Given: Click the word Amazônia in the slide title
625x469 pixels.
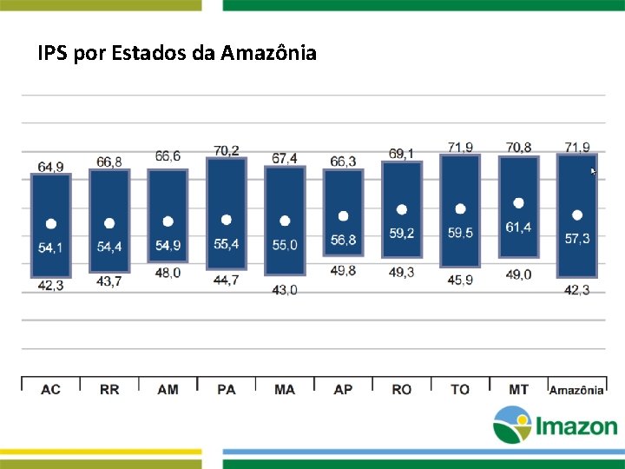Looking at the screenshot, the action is [x=268, y=52].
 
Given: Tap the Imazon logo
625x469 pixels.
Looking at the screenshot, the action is [x=556, y=425].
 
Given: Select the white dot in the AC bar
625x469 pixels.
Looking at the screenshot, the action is [x=51, y=224].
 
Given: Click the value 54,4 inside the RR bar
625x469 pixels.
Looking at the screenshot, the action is [x=109, y=247].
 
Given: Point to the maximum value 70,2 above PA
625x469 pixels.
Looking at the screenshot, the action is [x=227, y=151].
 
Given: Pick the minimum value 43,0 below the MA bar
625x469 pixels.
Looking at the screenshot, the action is [x=285, y=290].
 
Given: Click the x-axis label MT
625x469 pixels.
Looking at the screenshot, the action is [x=518, y=389].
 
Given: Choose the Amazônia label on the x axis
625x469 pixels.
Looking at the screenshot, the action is [x=576, y=390].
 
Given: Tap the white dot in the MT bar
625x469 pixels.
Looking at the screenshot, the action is [x=518, y=203].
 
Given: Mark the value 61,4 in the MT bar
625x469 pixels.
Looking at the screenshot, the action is [x=518, y=228].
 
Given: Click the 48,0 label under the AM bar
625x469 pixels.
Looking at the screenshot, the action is [x=168, y=273].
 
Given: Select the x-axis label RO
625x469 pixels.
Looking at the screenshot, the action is [x=401, y=389].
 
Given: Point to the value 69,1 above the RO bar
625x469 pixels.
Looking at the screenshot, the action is [x=401, y=154].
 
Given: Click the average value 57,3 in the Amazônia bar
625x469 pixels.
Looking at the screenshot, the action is [x=577, y=239].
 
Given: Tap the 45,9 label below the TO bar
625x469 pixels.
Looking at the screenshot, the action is [x=460, y=280].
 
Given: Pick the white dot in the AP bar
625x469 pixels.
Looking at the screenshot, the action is [x=343, y=216].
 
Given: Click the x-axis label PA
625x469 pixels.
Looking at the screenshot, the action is [x=227, y=389].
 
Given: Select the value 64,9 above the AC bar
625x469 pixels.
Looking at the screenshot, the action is [x=50, y=167].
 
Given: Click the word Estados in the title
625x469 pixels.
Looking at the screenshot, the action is [x=148, y=52].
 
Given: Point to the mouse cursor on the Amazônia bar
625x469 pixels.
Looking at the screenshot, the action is [x=593, y=171].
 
